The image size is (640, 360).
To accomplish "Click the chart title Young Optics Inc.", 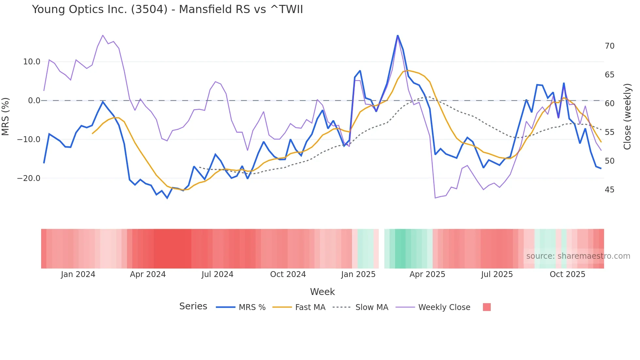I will click(x=167, y=9).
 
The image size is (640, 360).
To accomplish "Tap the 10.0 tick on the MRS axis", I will click(x=32, y=62).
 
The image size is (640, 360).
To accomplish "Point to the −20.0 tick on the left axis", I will click(x=29, y=178).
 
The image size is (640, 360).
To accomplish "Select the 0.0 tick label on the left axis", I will click(x=34, y=101).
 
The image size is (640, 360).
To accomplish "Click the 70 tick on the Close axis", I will click(x=609, y=46).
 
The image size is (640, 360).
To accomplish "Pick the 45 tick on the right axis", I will click(x=609, y=190).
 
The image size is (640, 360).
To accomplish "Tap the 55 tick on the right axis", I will click(x=609, y=132).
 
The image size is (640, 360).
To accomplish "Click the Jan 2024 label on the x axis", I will click(x=78, y=274).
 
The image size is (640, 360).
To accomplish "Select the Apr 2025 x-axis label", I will click(x=427, y=274).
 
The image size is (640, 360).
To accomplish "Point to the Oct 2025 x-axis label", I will click(x=567, y=274).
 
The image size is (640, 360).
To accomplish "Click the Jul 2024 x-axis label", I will click(x=217, y=274).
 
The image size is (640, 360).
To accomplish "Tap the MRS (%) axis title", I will click(x=6, y=117).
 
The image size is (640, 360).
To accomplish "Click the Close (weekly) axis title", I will click(x=627, y=117).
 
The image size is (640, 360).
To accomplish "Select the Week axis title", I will click(x=322, y=292).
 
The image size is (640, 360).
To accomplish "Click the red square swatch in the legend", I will click(x=487, y=307).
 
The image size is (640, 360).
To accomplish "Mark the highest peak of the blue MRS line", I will click(x=397, y=35).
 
